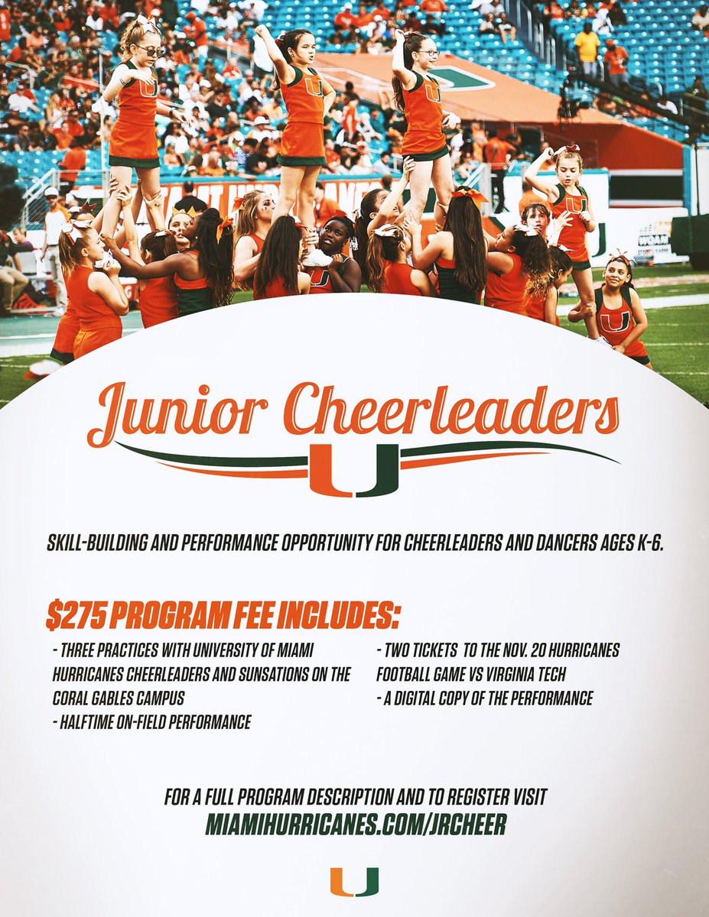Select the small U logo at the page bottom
tap(355, 882)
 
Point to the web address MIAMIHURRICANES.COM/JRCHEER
tap(356, 825)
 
